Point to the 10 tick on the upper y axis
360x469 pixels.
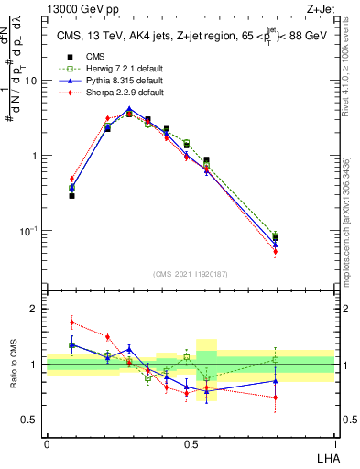point(34,81)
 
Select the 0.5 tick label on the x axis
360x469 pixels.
point(191,443)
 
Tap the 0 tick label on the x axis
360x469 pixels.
point(47,443)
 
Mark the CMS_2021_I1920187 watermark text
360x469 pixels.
point(191,273)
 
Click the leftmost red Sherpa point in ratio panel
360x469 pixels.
point(71,322)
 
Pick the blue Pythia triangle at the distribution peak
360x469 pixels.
point(129,108)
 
